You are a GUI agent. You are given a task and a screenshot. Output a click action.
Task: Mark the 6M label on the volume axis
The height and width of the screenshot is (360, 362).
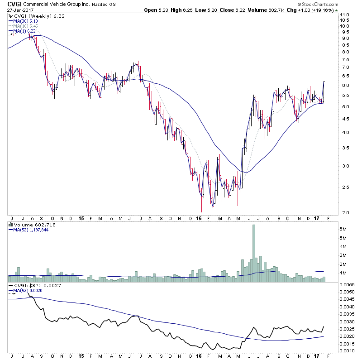[344, 230]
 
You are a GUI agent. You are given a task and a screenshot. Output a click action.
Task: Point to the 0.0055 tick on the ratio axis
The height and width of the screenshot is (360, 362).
[347, 284]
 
